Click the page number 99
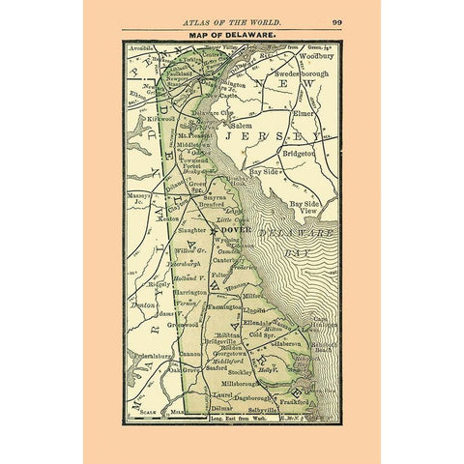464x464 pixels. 335,20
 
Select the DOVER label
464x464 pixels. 237,231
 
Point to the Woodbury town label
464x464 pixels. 315,55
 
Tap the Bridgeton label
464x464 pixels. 301,153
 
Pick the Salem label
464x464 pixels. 241,126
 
